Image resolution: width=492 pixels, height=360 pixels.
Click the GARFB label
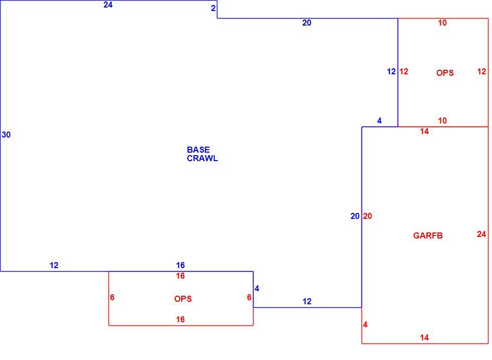coord(428,235)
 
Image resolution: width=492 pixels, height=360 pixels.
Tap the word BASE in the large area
coord(198,150)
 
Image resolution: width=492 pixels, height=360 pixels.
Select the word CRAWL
coord(202,158)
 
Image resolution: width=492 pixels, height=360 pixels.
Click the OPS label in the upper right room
coord(445,73)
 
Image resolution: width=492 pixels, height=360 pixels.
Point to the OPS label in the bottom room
coord(183,299)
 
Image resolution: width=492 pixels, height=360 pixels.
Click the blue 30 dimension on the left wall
coord(6,135)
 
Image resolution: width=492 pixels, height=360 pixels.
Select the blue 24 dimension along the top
coord(108,5)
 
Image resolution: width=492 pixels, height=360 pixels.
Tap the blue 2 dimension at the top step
coord(213,8)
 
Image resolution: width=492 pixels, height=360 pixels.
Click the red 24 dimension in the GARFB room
coord(481,234)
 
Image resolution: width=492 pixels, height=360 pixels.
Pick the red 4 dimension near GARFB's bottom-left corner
coord(365,324)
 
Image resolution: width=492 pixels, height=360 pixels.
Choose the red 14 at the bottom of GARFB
coord(424,337)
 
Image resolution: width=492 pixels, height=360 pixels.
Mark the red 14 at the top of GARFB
coord(424,131)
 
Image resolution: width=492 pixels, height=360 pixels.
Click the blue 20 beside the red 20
coord(355,216)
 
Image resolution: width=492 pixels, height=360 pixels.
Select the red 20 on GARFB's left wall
coord(367,216)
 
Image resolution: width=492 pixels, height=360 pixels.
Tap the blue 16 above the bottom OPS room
coord(180,265)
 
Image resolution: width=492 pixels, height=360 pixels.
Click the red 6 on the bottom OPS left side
coord(112,297)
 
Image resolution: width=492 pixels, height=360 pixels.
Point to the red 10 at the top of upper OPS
coord(442,23)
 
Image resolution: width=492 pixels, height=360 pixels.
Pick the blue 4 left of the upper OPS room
coord(380,121)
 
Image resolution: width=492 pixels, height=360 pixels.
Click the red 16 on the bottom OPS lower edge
coord(180,319)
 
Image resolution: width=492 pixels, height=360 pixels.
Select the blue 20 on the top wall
coord(307,23)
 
